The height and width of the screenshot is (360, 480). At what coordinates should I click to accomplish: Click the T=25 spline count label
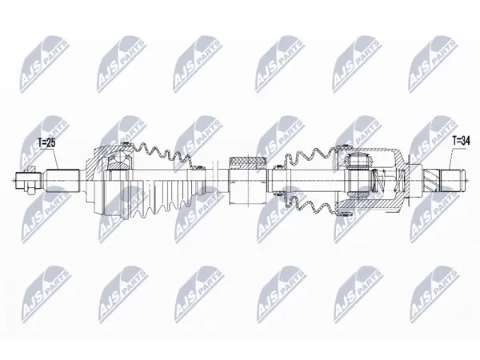(x=47, y=143)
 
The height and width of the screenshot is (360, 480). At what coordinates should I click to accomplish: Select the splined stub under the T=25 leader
(x=62, y=180)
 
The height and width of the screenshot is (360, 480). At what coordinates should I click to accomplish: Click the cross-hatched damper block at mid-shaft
(x=248, y=162)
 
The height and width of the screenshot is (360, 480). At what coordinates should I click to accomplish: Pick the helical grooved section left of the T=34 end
(x=431, y=180)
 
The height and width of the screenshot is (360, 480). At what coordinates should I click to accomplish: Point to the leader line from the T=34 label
(x=451, y=159)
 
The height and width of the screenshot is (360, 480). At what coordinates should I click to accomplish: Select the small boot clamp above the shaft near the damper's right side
(x=278, y=167)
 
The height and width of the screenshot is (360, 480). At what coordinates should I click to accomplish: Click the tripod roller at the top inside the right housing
(x=358, y=160)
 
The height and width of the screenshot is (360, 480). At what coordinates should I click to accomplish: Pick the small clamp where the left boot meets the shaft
(x=198, y=167)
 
